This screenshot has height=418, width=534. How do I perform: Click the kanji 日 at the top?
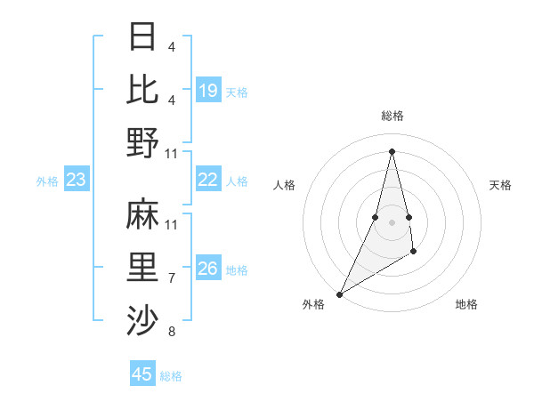click(143, 37)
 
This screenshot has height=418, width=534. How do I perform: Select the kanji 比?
click(143, 89)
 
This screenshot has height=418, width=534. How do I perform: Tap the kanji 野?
click(143, 141)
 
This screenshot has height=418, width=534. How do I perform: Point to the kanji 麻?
click(143, 214)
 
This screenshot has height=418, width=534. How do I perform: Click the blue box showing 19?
click(208, 90)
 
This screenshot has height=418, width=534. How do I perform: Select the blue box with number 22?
click(208, 180)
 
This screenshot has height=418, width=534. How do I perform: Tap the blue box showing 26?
click(208, 269)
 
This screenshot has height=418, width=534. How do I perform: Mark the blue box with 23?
click(77, 181)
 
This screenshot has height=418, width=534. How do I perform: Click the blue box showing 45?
click(142, 374)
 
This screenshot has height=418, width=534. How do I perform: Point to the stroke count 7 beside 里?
click(171, 278)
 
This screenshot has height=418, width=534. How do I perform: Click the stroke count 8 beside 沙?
click(171, 332)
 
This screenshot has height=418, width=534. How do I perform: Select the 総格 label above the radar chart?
click(392, 116)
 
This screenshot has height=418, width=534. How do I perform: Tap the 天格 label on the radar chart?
click(500, 185)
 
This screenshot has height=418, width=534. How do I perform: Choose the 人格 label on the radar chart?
click(284, 185)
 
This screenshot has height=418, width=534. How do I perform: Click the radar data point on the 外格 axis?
click(339, 293)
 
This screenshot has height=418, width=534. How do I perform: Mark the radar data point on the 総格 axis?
click(392, 151)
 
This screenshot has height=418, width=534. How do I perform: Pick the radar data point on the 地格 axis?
click(414, 253)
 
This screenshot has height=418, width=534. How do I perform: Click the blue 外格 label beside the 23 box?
click(47, 181)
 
